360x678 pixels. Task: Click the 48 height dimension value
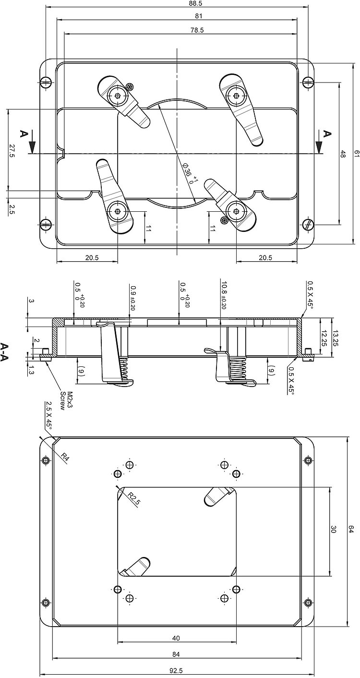pyautogui.click(x=343, y=154)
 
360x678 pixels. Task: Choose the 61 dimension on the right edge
pyautogui.click(x=356, y=154)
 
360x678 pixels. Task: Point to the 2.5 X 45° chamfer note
pyautogui.click(x=48, y=415)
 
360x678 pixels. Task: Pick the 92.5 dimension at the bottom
pyautogui.click(x=177, y=671)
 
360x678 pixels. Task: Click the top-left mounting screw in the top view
pyautogui.click(x=46, y=82)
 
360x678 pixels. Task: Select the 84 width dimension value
pyautogui.click(x=176, y=654)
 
